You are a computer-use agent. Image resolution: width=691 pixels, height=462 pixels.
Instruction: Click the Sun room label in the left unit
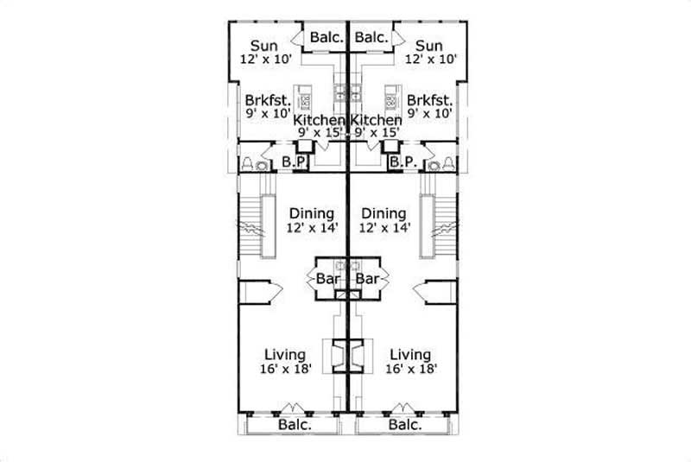pyautogui.click(x=263, y=46)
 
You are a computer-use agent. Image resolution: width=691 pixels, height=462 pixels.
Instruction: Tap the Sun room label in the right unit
pyautogui.click(x=428, y=46)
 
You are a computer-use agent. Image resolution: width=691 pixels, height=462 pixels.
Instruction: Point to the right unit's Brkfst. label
pyautogui.click(x=430, y=98)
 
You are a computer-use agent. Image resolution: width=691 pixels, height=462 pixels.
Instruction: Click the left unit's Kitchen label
pyautogui.click(x=320, y=119)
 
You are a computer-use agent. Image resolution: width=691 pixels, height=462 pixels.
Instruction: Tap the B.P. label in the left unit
pyautogui.click(x=294, y=161)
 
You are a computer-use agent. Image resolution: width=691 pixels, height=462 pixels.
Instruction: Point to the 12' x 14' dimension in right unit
pyautogui.click(x=384, y=228)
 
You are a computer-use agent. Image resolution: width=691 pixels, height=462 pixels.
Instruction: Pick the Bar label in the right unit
pyautogui.click(x=368, y=279)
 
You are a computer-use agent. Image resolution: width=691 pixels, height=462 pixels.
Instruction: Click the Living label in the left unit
pyautogui.click(x=285, y=355)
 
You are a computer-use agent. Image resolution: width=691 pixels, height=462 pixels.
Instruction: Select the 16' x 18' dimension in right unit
pyautogui.click(x=411, y=370)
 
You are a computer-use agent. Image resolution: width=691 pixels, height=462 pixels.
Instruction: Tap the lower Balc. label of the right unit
pyautogui.click(x=404, y=425)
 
